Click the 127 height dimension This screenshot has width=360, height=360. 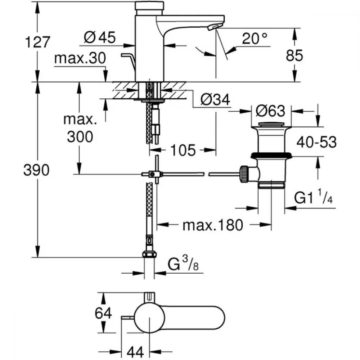coord(37,42)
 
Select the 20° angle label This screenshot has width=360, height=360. coord(255,39)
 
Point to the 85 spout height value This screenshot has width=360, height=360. coord(294,55)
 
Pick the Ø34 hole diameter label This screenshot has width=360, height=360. coord(215,100)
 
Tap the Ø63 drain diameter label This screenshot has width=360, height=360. coord(270,111)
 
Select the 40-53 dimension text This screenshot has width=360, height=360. coord(316,142)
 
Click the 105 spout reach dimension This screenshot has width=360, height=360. coord(183,150)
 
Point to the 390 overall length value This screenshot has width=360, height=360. coord(36,170)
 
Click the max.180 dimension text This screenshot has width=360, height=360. coord(213,225)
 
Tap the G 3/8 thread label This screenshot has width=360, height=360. coord(183,264)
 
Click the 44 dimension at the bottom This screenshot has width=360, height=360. coord(135,352)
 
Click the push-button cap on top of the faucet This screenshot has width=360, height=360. coord(149,5)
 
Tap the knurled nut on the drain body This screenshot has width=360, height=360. coord(244,174)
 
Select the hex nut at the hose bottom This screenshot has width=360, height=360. coord(149,255)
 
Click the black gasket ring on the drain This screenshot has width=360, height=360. coord(271,156)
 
